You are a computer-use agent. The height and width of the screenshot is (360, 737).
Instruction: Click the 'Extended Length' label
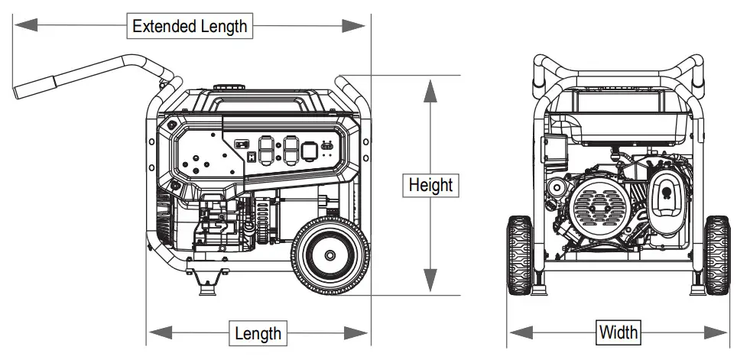coord(190,25)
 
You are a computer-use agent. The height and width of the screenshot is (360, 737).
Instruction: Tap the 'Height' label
coord(430,185)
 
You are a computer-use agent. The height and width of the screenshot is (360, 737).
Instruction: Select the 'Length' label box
coord(258,332)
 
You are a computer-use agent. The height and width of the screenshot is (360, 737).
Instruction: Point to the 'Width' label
coord(618,332)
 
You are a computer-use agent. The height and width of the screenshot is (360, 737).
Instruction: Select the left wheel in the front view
coord(520,254)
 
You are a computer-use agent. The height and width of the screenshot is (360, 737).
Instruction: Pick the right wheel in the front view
coord(717,254)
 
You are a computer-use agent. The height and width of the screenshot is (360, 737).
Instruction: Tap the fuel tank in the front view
coord(618,115)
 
